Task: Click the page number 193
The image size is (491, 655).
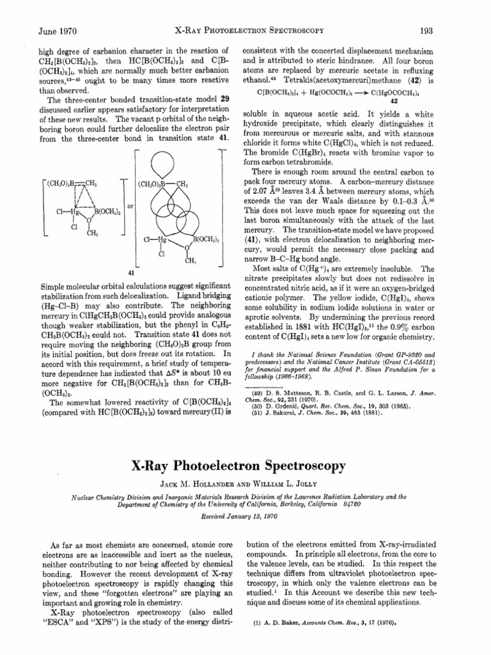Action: pyautogui.click(x=444, y=30)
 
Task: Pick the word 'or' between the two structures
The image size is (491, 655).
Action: pyautogui.click(x=130, y=207)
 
